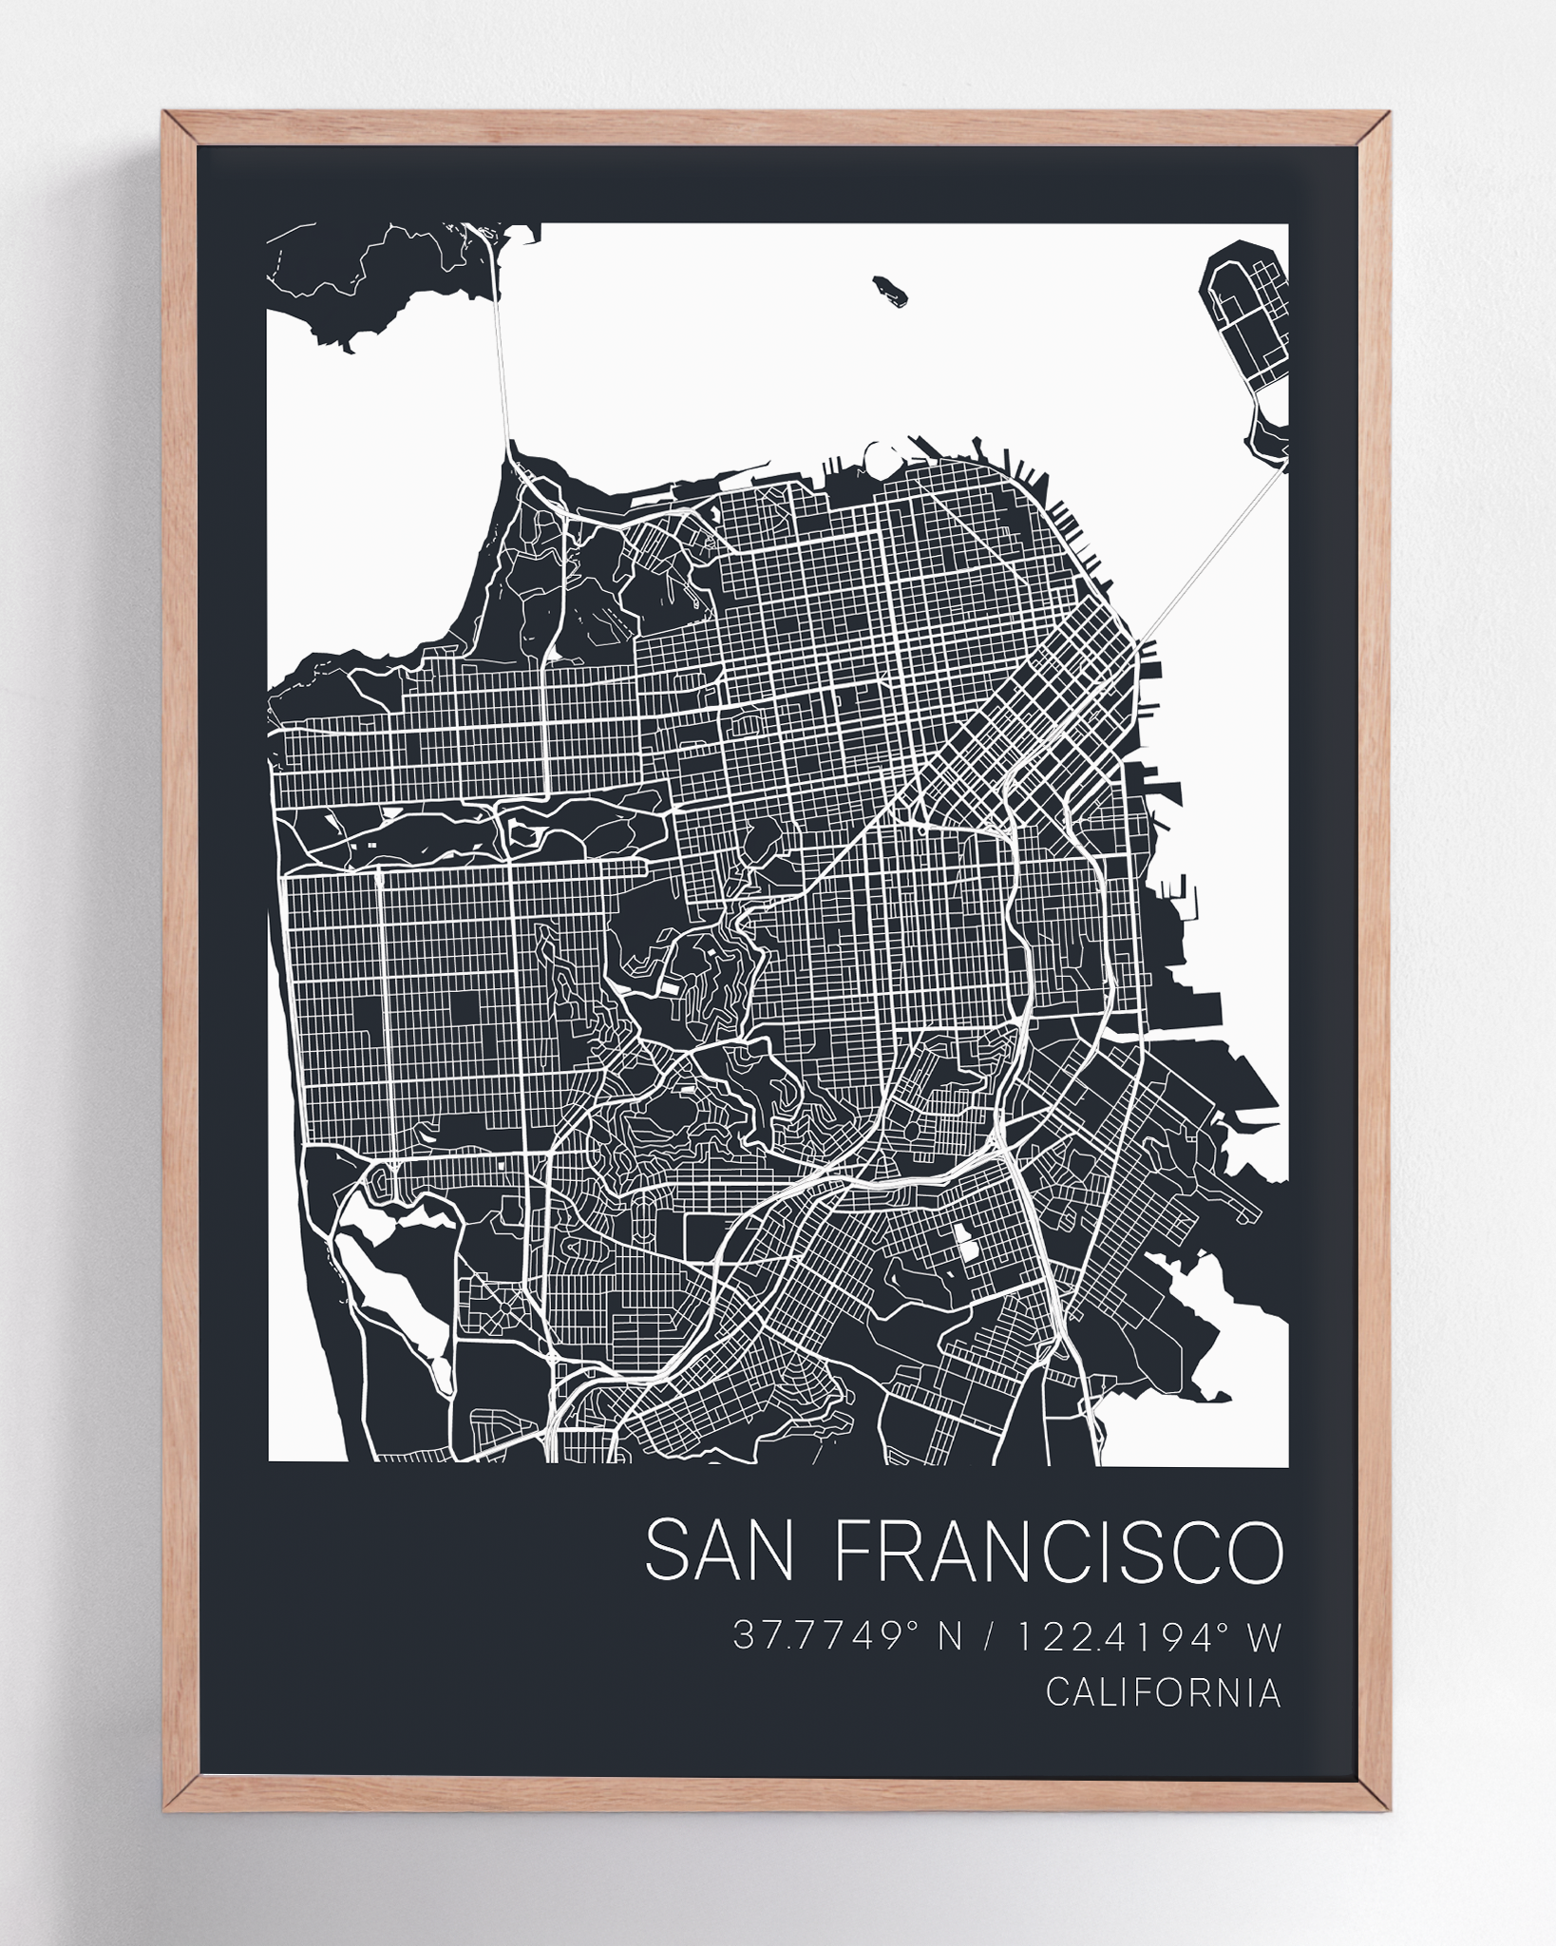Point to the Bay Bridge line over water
[1206, 561]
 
